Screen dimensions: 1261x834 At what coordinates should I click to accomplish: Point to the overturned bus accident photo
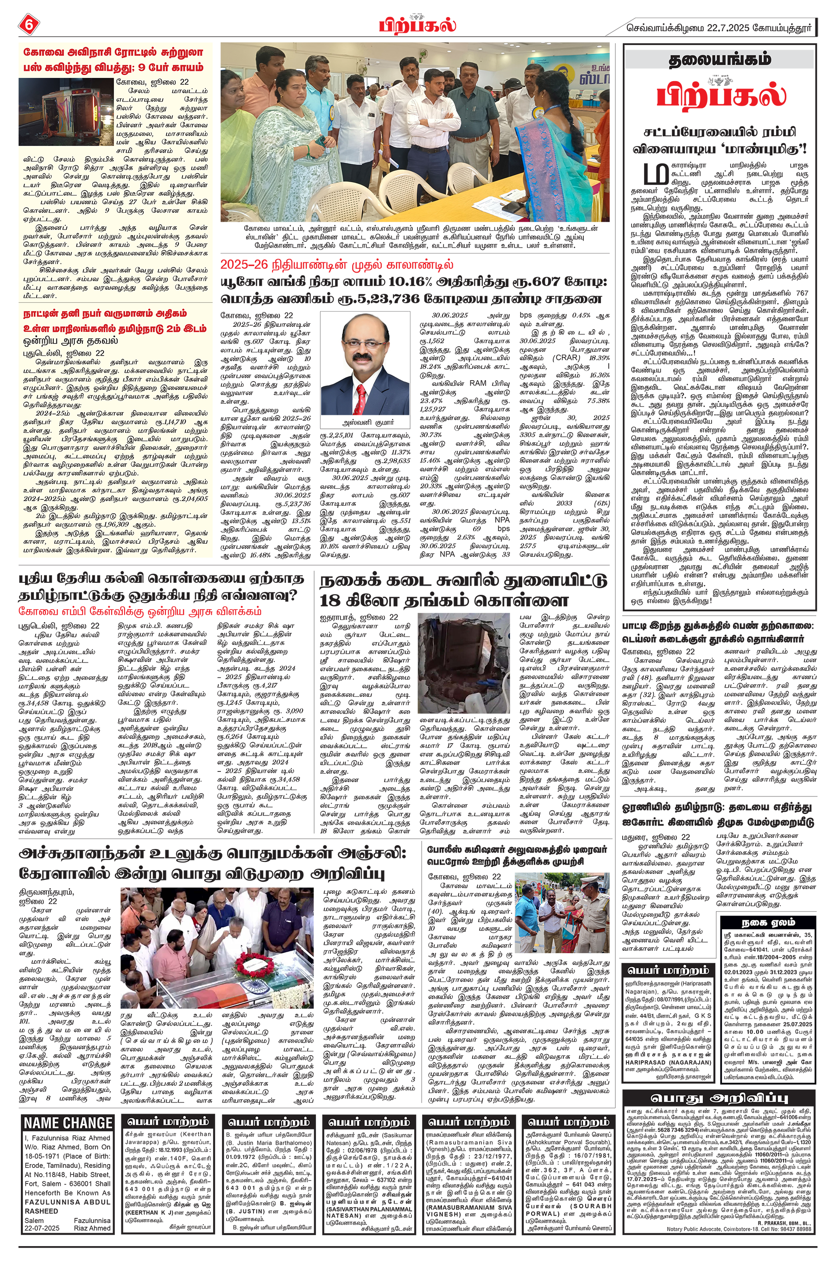(x=66, y=112)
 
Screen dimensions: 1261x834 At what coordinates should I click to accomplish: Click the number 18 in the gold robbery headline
(x=330, y=601)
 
